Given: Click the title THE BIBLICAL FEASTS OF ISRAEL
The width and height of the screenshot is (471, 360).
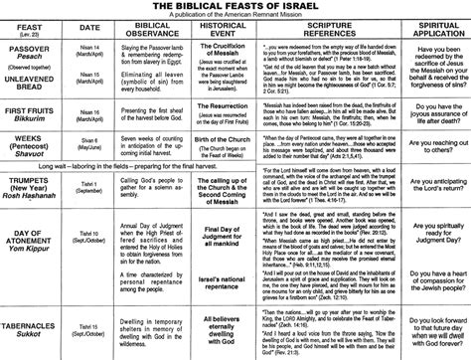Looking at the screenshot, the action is (x=236, y=7).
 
